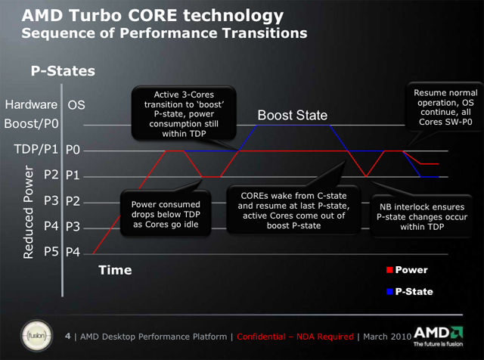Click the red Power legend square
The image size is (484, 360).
389,270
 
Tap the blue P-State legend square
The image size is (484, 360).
389,291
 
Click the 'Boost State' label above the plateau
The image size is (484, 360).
293,115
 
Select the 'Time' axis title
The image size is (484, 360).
115,270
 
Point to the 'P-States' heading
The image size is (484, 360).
63,70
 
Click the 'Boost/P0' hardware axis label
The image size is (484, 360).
31,124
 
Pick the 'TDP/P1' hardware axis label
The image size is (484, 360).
36,150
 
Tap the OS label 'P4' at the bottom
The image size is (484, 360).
73,253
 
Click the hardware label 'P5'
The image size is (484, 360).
51,252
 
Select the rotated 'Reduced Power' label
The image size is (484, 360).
29,212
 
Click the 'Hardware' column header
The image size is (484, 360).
31,104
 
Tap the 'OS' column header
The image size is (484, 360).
76,105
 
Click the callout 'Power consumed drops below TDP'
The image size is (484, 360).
166,213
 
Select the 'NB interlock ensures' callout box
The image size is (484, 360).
422,216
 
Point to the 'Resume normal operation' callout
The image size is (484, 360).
445,107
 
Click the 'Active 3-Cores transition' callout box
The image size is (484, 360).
184,113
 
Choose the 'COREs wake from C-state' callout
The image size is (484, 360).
293,210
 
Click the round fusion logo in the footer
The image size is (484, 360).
36,336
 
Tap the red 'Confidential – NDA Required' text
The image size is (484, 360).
295,337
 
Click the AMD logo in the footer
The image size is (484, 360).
438,337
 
